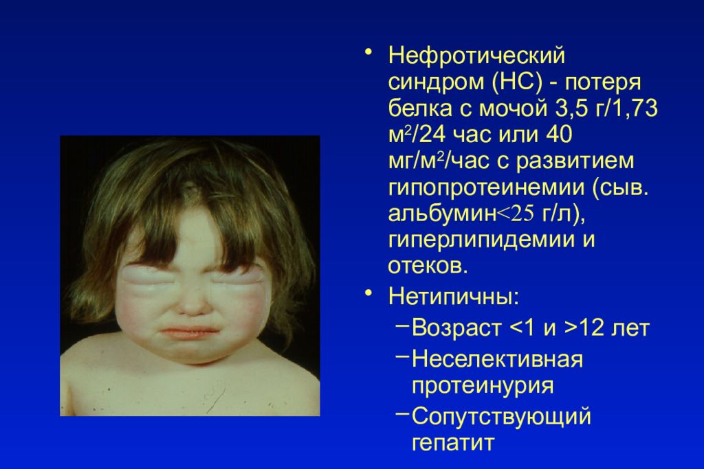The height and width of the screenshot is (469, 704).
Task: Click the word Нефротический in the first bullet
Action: (x=476, y=56)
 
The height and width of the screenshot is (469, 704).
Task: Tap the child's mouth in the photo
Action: (x=189, y=332)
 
